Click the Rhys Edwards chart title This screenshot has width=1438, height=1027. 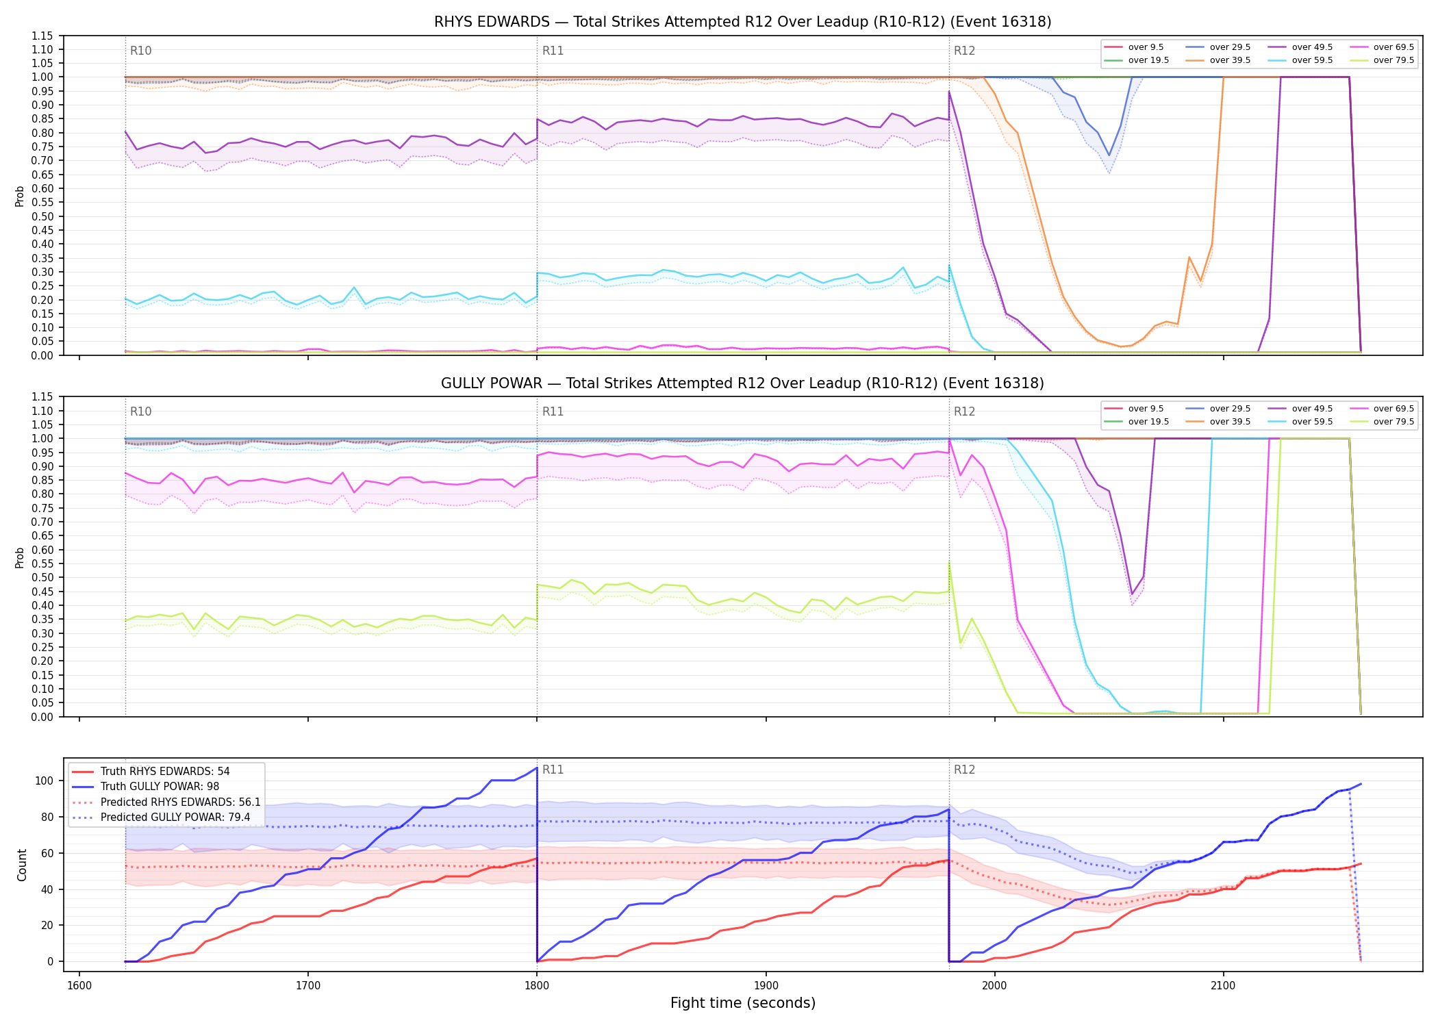pos(742,22)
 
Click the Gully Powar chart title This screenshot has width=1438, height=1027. pos(742,383)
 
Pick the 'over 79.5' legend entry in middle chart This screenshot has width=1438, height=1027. pos(1382,422)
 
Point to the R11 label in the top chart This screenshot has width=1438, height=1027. pos(553,51)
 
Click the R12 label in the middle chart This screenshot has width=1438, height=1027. pos(964,411)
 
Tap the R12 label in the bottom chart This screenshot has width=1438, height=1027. pos(964,770)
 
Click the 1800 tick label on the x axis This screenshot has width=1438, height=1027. pos(537,986)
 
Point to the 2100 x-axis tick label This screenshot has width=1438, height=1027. pos(1223,986)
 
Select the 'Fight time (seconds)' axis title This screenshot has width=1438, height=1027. pos(743,1003)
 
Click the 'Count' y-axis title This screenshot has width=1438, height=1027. pos(22,865)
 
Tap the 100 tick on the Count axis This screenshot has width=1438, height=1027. pos(44,781)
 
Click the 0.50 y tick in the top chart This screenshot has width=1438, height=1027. pos(42,216)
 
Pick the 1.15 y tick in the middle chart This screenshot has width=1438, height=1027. pos(42,397)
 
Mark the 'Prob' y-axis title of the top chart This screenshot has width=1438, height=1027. pos(20,196)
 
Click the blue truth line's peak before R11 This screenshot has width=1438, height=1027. pos(536,768)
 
